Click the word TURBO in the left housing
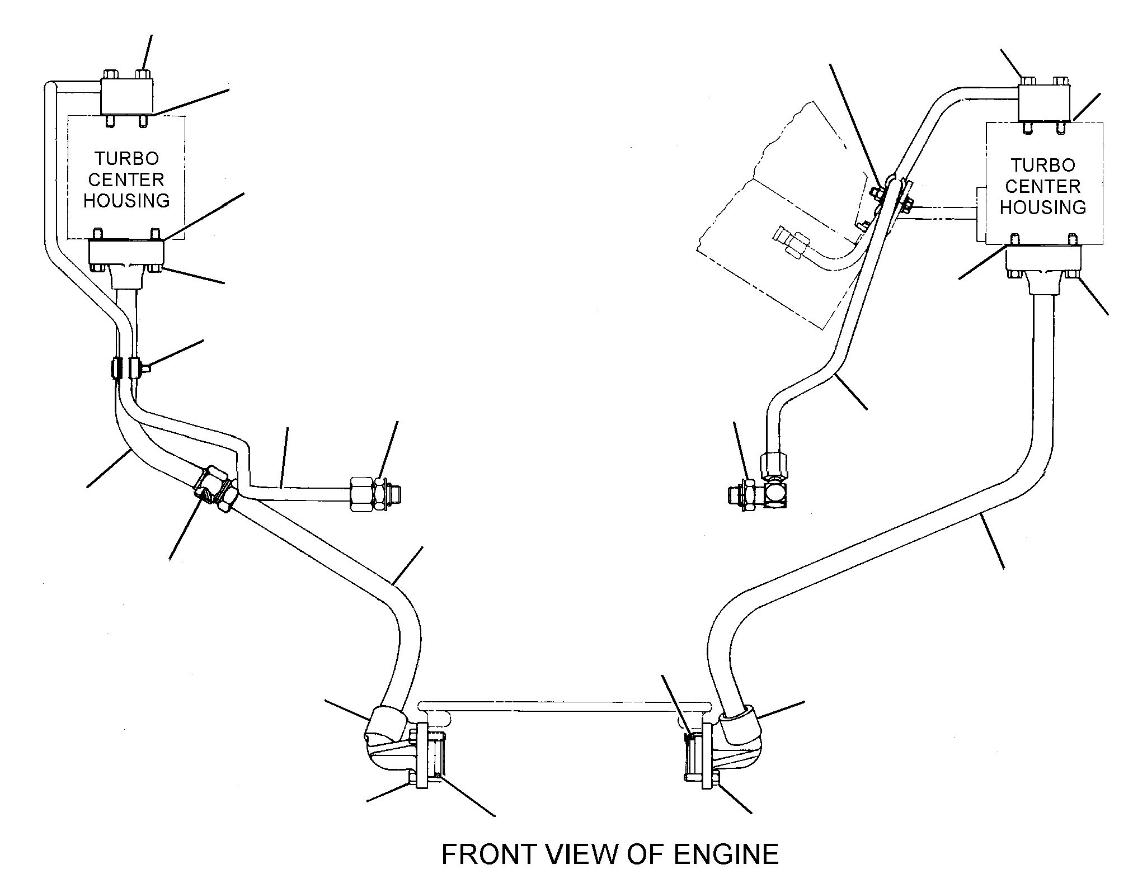click(x=126, y=159)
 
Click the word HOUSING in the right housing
click(x=1043, y=207)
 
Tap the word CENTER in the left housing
click(x=126, y=179)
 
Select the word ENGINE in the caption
click(x=726, y=854)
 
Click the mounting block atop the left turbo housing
click(x=127, y=97)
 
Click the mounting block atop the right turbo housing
click(x=1043, y=105)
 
